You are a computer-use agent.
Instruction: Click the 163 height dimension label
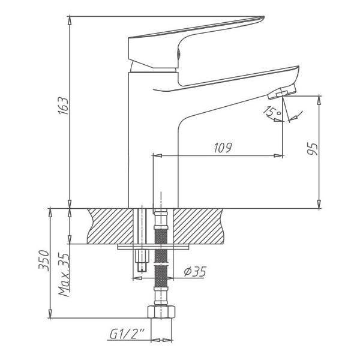point(63,106)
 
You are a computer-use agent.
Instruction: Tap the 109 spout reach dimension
point(223,148)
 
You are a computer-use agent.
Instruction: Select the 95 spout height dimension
point(313,149)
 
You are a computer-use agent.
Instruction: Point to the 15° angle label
point(272,112)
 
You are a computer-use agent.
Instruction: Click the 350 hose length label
point(44,260)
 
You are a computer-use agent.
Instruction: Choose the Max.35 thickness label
point(64,275)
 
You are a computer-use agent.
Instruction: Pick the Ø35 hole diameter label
point(195,272)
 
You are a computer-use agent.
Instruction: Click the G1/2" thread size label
point(127,334)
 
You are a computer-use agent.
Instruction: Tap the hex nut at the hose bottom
point(161,312)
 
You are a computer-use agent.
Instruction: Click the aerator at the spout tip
point(282,91)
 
